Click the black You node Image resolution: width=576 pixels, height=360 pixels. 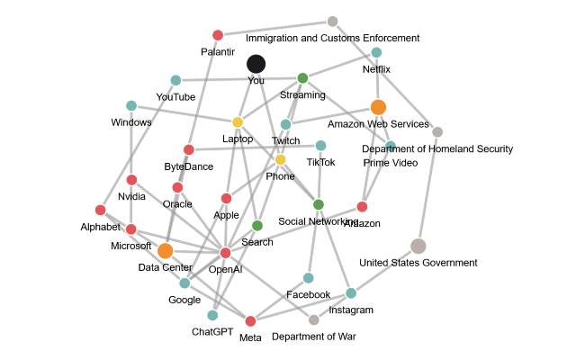pos(256,64)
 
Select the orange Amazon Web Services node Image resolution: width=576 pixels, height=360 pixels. pos(378,107)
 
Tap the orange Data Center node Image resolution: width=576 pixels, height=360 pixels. pos(165,251)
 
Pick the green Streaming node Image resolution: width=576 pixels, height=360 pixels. pos(302,77)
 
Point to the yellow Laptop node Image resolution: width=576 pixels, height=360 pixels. pos(238,122)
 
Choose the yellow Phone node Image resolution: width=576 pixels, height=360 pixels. pos(280,160)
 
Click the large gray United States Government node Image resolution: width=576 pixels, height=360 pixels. pos(418,246)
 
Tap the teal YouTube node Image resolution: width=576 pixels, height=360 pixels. pos(175,81)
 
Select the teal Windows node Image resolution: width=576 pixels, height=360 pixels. pos(131,106)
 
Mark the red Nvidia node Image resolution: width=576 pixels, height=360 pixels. pos(131,180)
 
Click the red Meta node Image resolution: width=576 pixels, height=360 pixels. pos(250,321)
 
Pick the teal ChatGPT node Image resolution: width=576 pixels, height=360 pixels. pos(212,315)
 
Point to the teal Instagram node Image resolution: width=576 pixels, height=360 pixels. pos(351,293)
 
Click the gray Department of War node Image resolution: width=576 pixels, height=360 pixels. pos(313,319)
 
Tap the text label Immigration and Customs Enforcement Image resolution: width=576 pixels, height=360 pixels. pos(333,38)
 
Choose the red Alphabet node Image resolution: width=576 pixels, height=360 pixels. pos(100,211)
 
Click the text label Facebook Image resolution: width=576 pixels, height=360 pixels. pos(308,294)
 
